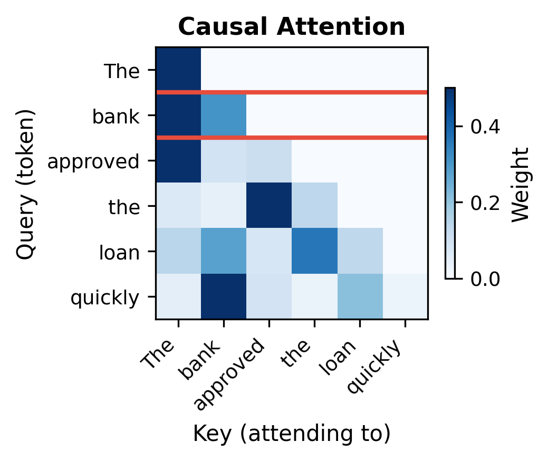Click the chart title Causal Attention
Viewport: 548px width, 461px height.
291,27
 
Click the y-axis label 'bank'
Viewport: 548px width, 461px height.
116,116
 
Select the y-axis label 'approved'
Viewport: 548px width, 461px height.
93,161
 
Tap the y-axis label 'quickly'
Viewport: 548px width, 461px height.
104,298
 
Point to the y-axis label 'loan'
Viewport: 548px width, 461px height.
119,253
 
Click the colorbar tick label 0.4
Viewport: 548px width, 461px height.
485,127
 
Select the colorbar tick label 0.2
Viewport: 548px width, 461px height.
485,203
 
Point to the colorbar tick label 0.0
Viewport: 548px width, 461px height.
485,278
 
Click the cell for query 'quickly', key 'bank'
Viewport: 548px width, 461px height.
224,296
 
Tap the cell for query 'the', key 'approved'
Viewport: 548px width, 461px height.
269,206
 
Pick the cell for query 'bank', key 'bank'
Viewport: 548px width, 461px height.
224,115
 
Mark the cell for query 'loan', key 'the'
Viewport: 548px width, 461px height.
314,251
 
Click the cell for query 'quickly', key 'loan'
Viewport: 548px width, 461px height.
360,296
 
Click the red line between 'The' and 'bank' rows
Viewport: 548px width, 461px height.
291,92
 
